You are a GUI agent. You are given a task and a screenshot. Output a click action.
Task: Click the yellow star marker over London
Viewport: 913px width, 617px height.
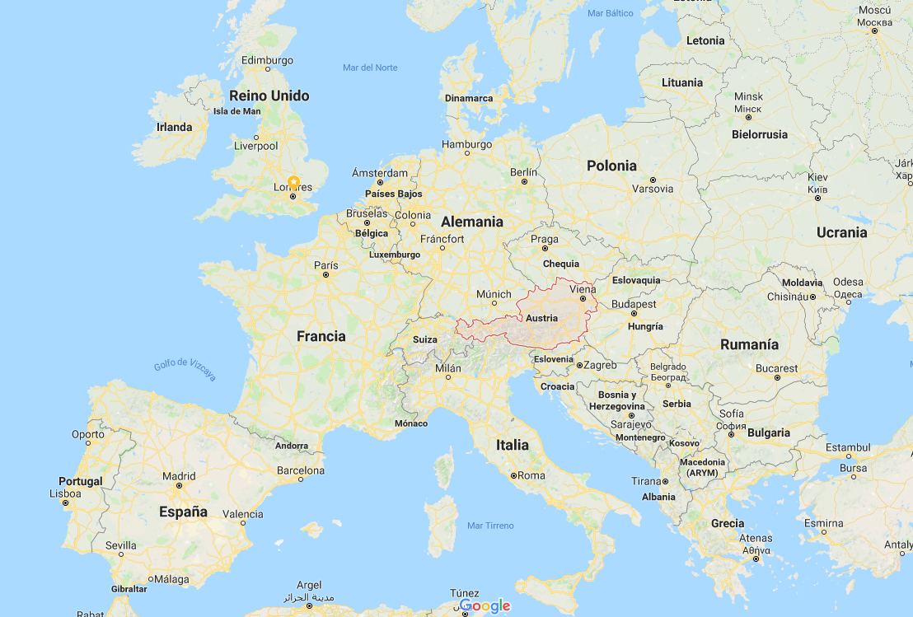[x=293, y=183]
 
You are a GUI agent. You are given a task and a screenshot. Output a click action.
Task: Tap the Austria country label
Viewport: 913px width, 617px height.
[x=541, y=318]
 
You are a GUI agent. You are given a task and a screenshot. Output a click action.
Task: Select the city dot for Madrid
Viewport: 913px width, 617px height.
[x=180, y=487]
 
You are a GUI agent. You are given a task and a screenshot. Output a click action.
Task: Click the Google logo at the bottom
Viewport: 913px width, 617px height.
[x=485, y=606]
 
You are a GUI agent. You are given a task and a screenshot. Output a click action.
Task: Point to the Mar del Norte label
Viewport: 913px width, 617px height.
[x=370, y=68]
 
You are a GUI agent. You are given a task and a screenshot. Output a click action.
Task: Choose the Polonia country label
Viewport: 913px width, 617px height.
[x=611, y=166]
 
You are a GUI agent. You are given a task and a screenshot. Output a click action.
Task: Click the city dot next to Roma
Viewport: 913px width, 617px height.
[x=513, y=475]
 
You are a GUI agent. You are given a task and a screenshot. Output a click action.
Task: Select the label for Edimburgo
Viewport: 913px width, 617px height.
[x=268, y=60]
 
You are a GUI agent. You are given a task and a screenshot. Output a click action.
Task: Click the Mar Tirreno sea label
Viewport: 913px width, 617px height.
[x=490, y=526]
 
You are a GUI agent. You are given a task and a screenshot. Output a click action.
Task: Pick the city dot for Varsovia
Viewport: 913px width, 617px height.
[x=653, y=179]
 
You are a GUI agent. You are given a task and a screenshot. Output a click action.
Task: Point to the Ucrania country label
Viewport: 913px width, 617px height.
[x=841, y=232]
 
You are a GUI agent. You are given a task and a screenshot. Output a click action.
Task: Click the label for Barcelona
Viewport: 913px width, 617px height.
[x=301, y=470]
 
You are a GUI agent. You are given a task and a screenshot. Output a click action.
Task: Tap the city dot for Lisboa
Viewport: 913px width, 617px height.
[x=65, y=502]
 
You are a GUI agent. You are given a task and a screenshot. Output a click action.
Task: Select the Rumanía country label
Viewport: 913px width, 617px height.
[x=749, y=344]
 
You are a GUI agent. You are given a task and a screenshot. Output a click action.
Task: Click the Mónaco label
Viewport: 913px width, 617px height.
[x=411, y=423]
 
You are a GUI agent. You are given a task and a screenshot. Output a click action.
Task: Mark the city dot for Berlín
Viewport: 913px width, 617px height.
[x=524, y=182]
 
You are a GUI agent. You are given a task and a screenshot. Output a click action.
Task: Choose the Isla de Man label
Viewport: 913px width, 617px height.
[x=237, y=111]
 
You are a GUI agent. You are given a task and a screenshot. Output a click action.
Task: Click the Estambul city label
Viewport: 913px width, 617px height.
[x=849, y=447]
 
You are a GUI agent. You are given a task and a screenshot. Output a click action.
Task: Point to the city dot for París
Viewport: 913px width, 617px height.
[x=326, y=275]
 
